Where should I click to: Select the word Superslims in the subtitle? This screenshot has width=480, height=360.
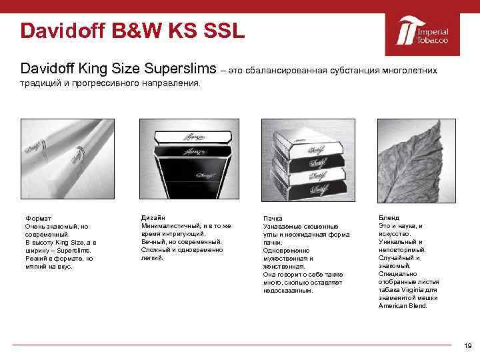point(181,69)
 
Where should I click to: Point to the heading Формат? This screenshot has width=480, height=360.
point(38,218)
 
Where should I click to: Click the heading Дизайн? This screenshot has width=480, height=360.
point(153,218)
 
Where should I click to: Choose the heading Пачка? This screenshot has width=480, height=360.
point(273,219)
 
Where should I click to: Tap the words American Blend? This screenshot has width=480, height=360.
point(403,306)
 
